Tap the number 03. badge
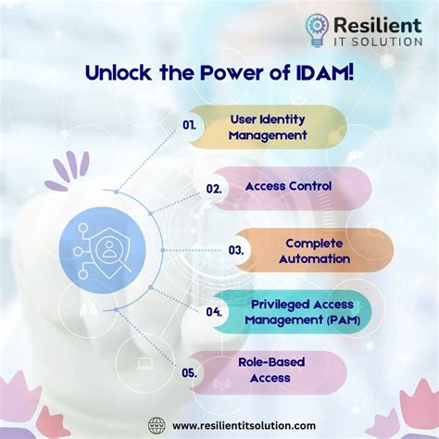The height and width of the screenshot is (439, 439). tap(237, 250)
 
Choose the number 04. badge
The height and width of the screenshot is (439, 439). tap(214, 312)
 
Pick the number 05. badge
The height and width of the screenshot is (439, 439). tap(190, 373)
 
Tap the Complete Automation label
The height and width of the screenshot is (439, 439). tap(317, 251)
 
